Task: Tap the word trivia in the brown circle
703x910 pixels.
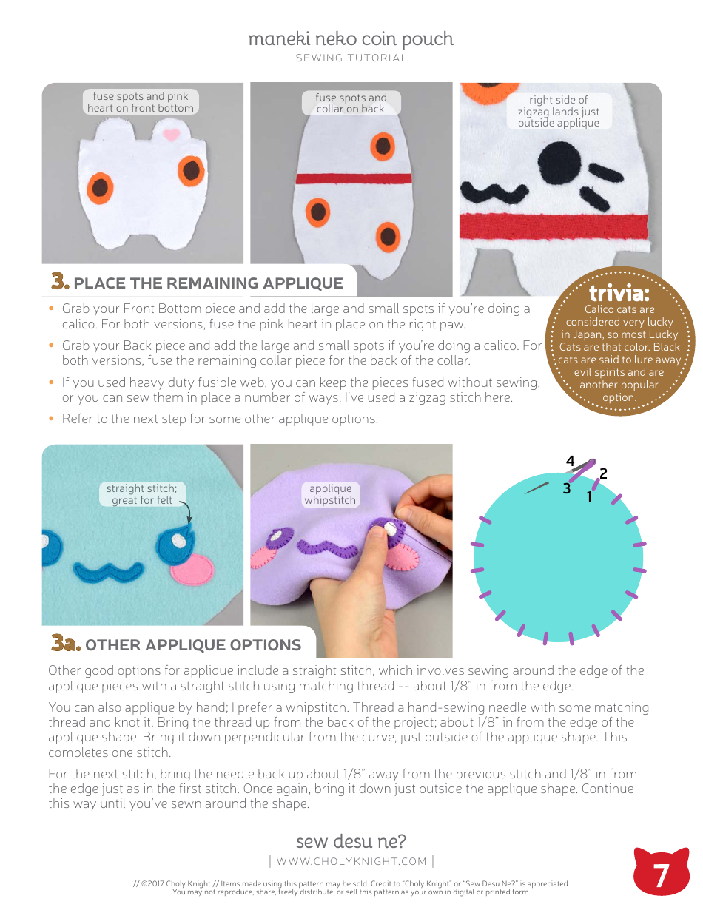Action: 619,294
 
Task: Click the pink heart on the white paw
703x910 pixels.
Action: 171,135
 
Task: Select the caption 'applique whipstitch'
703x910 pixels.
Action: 330,494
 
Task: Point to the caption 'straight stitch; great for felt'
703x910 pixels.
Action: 142,494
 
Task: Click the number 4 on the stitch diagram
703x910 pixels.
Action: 570,462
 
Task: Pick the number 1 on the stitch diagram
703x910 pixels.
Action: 589,496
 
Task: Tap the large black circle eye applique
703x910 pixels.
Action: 559,161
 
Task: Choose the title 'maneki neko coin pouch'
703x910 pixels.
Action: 351,38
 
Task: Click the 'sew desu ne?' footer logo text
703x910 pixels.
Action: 351,841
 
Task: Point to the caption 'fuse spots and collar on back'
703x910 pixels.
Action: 351,103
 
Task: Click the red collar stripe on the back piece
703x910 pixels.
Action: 353,179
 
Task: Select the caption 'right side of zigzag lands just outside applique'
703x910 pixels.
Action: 559,112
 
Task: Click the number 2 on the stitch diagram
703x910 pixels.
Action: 603,473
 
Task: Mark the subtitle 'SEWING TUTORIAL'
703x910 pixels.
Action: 351,58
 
